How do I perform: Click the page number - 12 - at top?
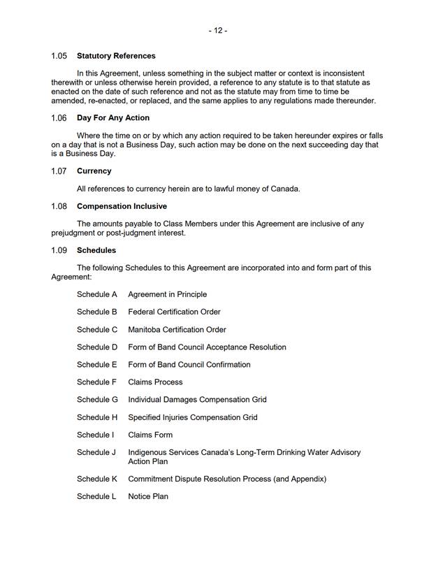click(x=217, y=31)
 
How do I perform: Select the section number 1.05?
click(x=59, y=56)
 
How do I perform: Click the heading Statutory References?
click(x=116, y=56)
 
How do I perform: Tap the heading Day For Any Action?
click(x=113, y=118)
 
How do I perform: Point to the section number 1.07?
click(x=59, y=171)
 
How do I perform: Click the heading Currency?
click(x=94, y=171)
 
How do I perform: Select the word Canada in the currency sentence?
click(x=284, y=189)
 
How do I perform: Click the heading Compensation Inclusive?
click(x=122, y=207)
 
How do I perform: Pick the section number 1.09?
click(x=59, y=250)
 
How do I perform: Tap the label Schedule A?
click(x=97, y=294)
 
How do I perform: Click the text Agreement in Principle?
click(x=167, y=294)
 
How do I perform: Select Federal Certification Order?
click(x=174, y=312)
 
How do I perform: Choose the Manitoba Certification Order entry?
click(x=177, y=330)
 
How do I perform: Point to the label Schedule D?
click(x=97, y=347)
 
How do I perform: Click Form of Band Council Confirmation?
click(x=189, y=365)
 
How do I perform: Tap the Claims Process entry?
click(x=155, y=382)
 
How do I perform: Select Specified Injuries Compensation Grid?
click(x=192, y=418)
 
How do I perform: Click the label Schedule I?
click(x=95, y=435)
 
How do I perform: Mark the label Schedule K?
click(x=97, y=479)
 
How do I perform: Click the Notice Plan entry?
click(x=148, y=497)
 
